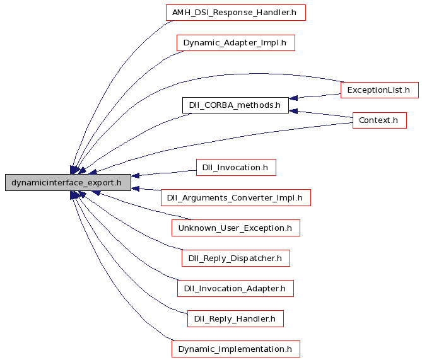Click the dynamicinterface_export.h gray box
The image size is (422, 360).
[x=68, y=183]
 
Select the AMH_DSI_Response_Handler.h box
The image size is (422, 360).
[x=236, y=13]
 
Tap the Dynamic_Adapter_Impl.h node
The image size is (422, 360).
[x=236, y=43]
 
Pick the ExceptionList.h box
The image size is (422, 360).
[x=380, y=90]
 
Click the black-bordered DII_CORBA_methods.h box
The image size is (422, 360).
[x=235, y=105]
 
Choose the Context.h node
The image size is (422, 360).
[x=380, y=120]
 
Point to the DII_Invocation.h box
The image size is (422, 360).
[x=236, y=167]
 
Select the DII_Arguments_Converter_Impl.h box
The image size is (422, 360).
[x=236, y=198]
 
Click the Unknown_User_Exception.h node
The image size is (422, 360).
[x=236, y=228]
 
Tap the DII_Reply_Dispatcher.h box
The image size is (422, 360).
[x=236, y=258]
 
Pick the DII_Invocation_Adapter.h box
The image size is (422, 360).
[x=235, y=288]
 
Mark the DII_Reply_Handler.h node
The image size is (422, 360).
[x=235, y=319]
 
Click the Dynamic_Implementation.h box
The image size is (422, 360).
[x=236, y=349]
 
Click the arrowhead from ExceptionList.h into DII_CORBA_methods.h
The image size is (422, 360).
[x=293, y=98]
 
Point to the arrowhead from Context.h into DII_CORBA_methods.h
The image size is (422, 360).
[x=293, y=111]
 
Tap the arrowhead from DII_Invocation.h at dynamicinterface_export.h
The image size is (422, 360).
[x=136, y=176]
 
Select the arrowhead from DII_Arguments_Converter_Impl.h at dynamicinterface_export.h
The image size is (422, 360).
[x=136, y=189]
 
